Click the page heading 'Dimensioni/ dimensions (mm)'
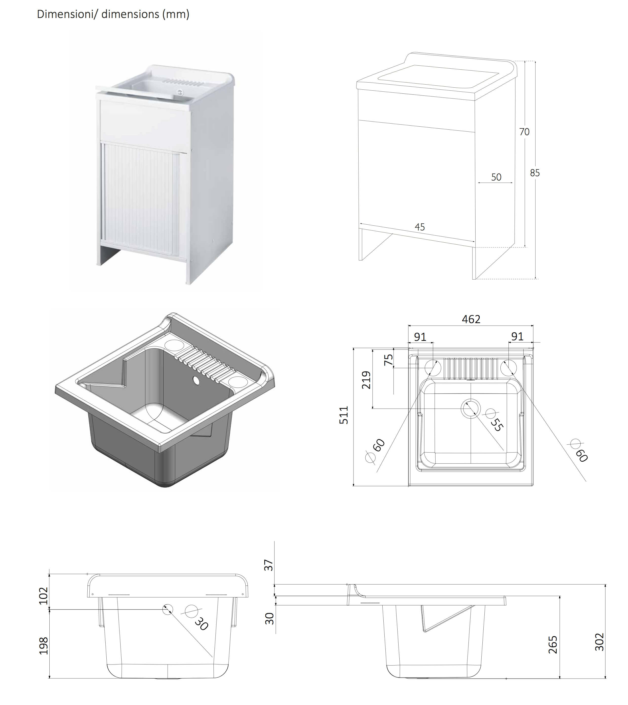pos(113,14)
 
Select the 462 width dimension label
pos(471,319)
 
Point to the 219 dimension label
pos(366,380)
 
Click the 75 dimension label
pos(388,360)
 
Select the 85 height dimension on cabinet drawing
pos(535,173)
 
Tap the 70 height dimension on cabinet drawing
pos(524,132)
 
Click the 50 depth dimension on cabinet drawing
pos(496,177)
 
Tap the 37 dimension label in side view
pos(268,565)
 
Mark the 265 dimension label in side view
pos(553,645)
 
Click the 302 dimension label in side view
pos(599,642)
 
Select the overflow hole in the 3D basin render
pos(196,381)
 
